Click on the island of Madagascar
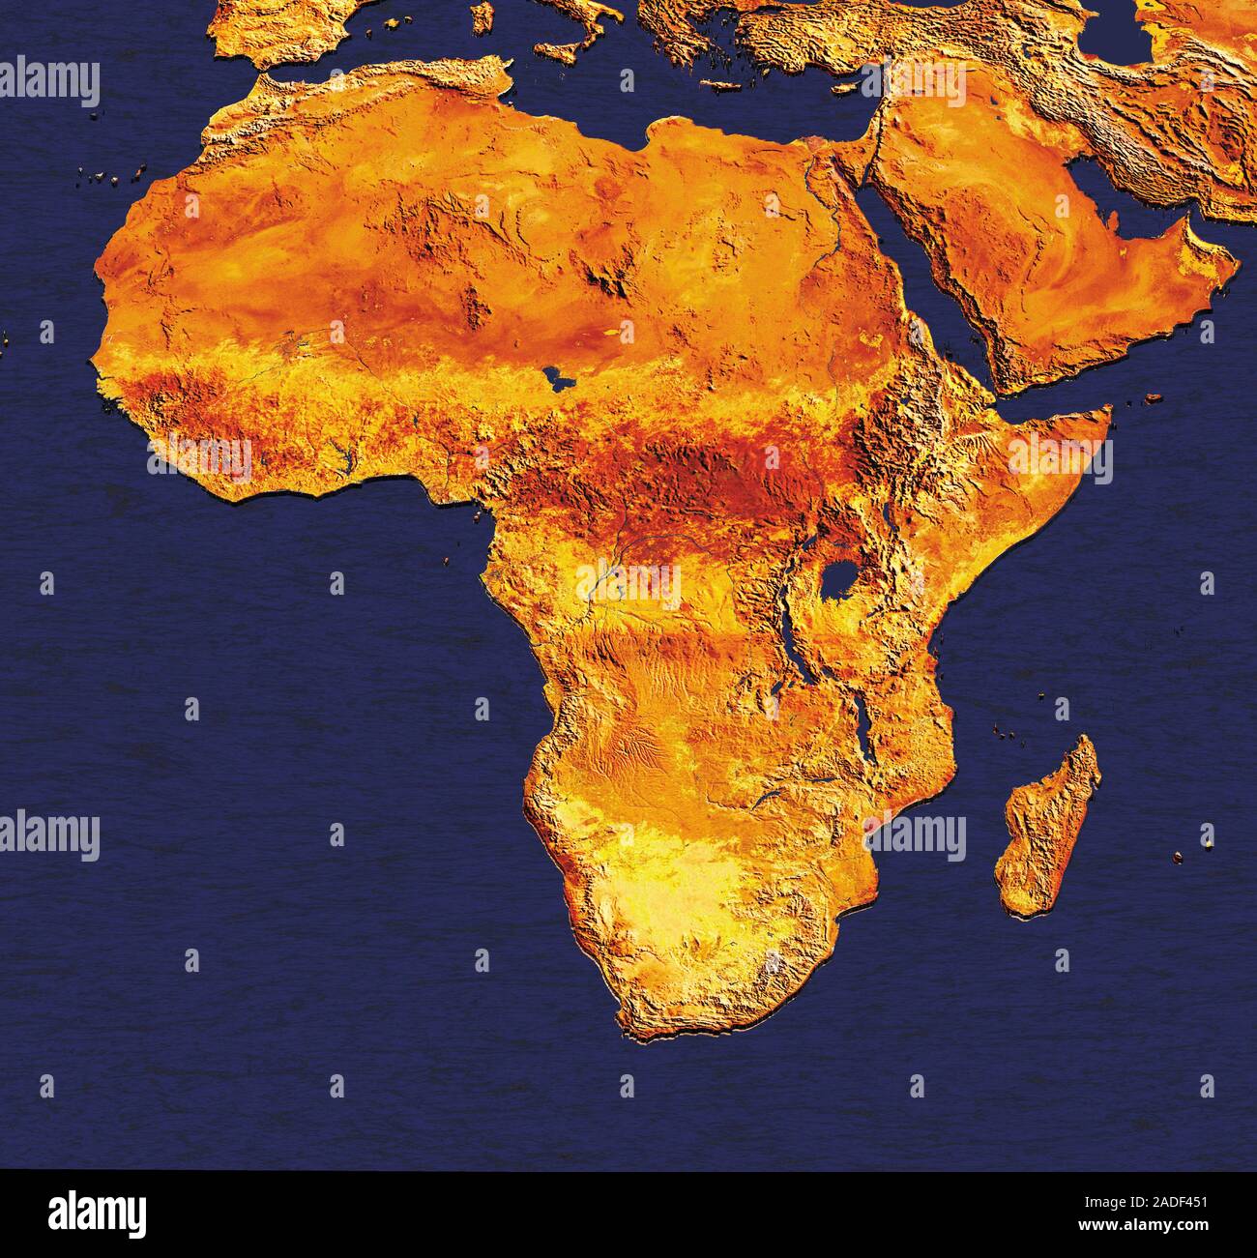[1050, 828]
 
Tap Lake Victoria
[839, 579]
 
